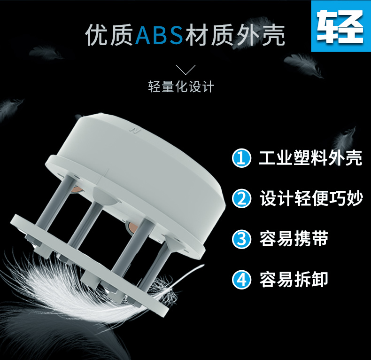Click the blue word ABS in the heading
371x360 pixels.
tap(160, 35)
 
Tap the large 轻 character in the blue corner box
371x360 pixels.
tap(340, 26)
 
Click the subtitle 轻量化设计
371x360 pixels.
tap(181, 86)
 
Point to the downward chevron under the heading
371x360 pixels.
tap(186, 70)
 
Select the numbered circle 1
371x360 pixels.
tap(241, 158)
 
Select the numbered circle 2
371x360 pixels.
tap(241, 198)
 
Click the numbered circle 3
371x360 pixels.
tap(241, 239)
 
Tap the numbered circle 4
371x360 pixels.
tap(241, 280)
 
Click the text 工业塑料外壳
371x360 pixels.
tap(310, 158)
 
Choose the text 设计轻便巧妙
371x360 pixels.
tap(311, 198)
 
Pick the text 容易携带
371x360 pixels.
tap(294, 238)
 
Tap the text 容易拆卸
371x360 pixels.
tap(294, 280)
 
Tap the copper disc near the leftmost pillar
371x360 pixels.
tap(76, 189)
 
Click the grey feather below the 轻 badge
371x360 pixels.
tap(303, 64)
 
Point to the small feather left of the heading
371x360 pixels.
tap(46, 53)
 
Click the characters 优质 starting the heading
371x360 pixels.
tap(109, 35)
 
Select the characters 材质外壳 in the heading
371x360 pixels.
tap(235, 35)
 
